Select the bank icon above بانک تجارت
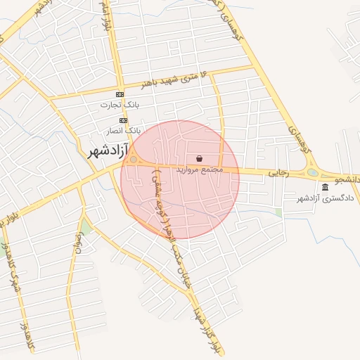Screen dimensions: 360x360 point(120,94)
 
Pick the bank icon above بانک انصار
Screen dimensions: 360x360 point(123,120)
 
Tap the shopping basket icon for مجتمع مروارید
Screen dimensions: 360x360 point(200,159)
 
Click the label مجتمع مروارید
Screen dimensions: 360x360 point(199,169)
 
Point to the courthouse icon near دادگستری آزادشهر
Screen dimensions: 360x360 point(325,187)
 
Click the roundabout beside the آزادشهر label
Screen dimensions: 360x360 point(134,159)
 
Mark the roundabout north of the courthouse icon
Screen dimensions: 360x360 point(312,172)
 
